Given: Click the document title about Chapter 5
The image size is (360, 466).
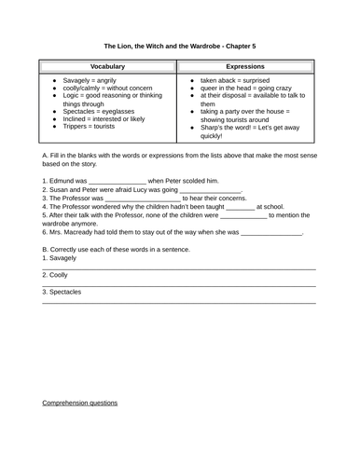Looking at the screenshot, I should pos(180,44).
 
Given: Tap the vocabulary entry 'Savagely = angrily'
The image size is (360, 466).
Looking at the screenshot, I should pos(88,81).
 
